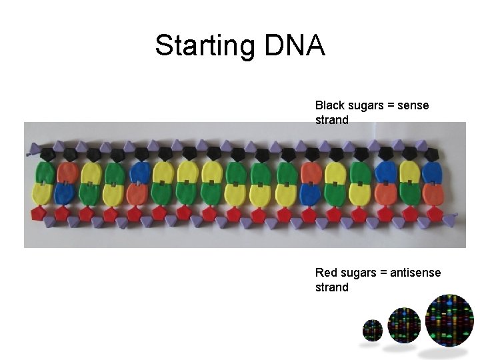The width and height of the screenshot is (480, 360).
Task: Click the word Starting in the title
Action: click(205, 46)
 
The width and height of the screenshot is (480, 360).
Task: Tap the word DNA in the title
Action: click(295, 46)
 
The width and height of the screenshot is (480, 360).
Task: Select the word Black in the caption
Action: click(329, 105)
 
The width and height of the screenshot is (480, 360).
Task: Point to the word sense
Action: click(413, 105)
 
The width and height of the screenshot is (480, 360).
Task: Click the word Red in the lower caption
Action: click(325, 273)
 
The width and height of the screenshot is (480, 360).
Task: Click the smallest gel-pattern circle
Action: click(372, 329)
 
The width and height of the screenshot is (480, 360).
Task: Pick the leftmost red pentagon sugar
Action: click(38, 214)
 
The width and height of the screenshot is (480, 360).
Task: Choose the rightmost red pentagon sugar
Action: click(434, 214)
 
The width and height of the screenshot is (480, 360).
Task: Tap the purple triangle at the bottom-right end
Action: click(451, 217)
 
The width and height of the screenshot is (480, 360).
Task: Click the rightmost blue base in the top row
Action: click(433, 173)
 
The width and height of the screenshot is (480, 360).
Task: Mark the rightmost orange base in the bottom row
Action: click(385, 193)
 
